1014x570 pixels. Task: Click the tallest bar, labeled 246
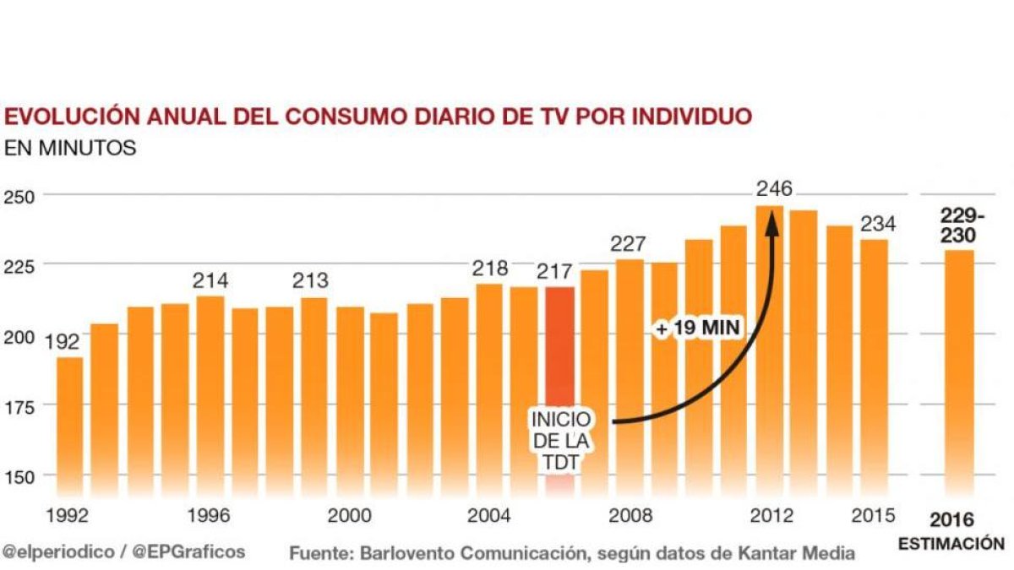769,355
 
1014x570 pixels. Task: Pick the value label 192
63,341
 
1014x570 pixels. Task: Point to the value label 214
210,280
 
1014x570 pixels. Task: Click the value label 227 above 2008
629,244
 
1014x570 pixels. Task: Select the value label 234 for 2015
878,224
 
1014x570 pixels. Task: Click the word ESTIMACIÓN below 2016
951,544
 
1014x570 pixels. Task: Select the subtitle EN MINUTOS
70,148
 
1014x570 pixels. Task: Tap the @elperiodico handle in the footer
57,551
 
